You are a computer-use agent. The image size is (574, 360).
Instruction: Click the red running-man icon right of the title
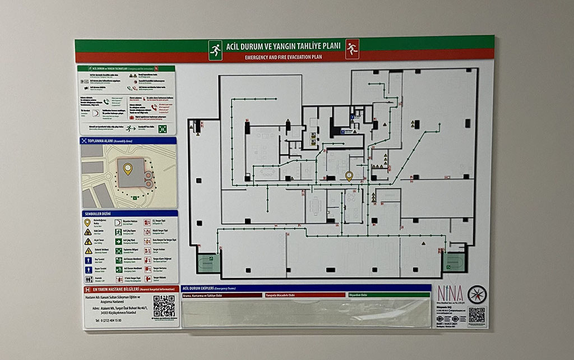(x=352, y=49)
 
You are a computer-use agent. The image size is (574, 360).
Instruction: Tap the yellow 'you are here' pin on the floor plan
(x=349, y=176)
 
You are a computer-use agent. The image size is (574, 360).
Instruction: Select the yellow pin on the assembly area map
(x=128, y=168)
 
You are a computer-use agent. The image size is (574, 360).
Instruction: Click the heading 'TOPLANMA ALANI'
(x=100, y=141)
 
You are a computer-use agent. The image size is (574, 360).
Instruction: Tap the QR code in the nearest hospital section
(x=164, y=306)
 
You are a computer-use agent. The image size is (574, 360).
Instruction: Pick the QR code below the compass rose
(x=476, y=315)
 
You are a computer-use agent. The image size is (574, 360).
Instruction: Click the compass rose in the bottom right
(x=477, y=294)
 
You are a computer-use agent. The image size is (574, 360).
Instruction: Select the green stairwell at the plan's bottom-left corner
(x=208, y=262)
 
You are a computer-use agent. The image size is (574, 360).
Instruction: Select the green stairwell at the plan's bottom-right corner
(x=453, y=262)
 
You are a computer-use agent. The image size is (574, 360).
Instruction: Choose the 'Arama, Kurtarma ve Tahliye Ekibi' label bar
(x=222, y=294)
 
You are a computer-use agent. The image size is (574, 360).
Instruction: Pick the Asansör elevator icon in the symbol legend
(x=88, y=278)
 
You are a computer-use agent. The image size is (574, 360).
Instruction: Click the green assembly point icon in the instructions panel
(x=163, y=128)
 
